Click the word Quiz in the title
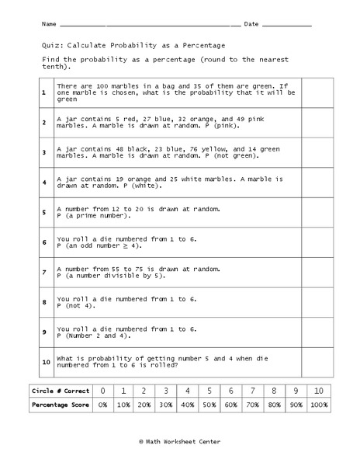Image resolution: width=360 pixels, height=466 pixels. point(46,44)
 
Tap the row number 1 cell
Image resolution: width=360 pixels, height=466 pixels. point(44,91)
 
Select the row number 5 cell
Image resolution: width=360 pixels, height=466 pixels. point(44,213)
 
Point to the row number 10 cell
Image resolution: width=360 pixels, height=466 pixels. point(44,361)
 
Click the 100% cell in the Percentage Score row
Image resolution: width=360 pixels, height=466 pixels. point(317,405)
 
